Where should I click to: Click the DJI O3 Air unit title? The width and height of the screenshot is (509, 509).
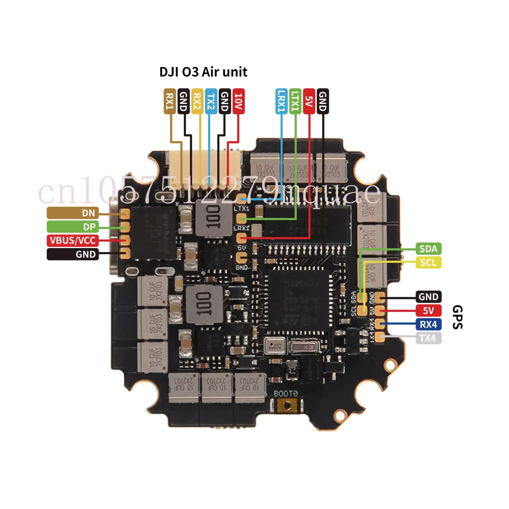(203, 72)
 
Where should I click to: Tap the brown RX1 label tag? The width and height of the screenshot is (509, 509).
(170, 101)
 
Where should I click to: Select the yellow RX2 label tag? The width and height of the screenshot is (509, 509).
(197, 101)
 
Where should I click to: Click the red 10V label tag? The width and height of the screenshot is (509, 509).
(238, 101)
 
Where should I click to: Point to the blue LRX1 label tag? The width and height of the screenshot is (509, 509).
(281, 101)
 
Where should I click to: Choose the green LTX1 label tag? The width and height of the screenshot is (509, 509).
(295, 101)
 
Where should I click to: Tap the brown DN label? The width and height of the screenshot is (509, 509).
(73, 213)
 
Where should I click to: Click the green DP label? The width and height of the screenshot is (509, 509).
(73, 227)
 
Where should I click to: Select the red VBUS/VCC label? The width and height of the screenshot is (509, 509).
(73, 240)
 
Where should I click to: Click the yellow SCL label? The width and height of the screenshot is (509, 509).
(428, 262)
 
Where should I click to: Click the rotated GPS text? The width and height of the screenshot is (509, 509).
(458, 317)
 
